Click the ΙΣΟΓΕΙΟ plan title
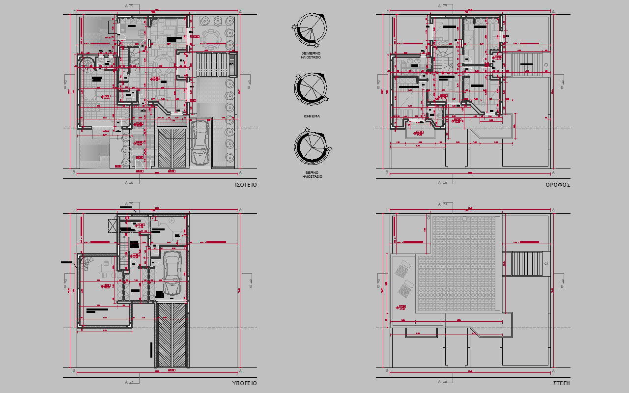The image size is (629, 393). click(x=246, y=185)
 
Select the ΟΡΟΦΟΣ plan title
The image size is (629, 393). click(x=558, y=185)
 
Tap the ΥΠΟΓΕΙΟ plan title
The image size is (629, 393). click(x=244, y=383)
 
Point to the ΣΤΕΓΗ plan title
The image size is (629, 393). click(x=561, y=383)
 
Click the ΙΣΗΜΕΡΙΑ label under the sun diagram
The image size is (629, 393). click(x=312, y=116)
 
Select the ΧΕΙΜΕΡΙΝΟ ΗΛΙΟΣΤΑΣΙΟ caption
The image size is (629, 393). click(x=312, y=55)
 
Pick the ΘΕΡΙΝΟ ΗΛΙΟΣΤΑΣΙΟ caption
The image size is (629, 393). click(x=312, y=175)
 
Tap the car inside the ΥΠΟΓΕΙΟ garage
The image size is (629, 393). click(x=172, y=273)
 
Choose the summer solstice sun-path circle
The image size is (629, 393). click(x=311, y=147)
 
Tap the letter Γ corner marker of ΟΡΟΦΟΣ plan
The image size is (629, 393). click(x=387, y=10)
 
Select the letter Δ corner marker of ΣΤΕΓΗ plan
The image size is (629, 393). click(x=553, y=210)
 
